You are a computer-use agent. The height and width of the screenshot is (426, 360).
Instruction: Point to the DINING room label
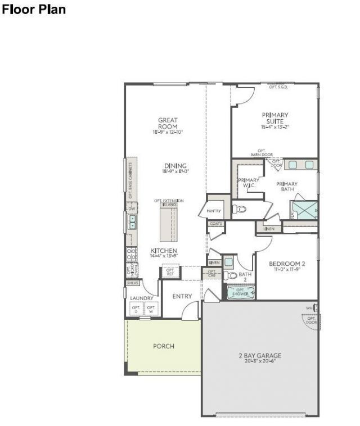(175, 168)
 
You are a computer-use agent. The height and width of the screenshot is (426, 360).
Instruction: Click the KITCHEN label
(164, 252)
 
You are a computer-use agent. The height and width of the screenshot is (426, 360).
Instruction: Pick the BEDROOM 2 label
(287, 266)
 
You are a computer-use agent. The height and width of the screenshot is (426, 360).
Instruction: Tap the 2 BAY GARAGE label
(259, 357)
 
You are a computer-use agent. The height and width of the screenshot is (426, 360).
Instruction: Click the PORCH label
(164, 346)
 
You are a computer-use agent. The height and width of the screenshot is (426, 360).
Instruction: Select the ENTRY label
(182, 296)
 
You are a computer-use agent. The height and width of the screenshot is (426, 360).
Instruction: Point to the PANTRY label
(214, 211)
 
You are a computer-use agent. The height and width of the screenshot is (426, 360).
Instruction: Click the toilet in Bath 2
(231, 275)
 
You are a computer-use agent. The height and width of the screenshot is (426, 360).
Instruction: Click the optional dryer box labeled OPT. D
(136, 310)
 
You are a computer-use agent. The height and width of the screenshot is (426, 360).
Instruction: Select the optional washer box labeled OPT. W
(151, 310)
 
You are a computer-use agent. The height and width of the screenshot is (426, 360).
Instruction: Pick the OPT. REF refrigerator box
(170, 273)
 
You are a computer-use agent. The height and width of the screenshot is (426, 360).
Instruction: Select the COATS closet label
(216, 224)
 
